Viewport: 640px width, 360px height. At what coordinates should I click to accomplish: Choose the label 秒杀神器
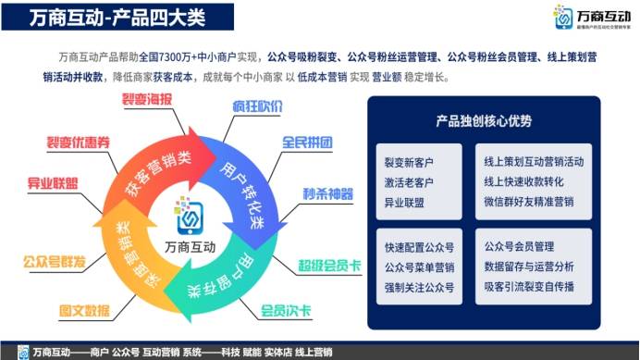(327, 194)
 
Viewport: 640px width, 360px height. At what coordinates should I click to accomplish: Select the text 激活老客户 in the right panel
(411, 182)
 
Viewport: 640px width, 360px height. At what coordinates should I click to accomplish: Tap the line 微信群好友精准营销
(528, 202)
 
